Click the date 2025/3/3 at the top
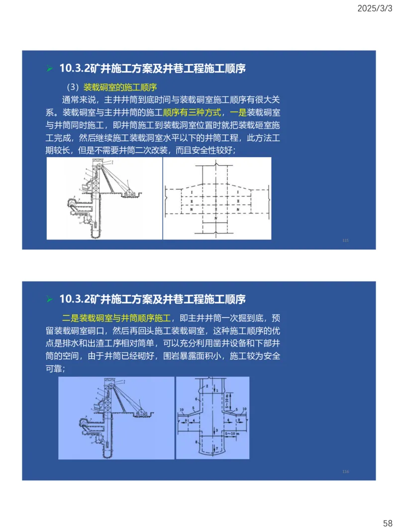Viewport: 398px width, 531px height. point(375,8)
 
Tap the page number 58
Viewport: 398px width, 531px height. point(388,523)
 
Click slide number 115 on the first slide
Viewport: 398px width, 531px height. point(346,240)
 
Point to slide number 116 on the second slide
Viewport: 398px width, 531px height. point(346,471)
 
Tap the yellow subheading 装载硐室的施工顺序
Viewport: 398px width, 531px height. point(120,87)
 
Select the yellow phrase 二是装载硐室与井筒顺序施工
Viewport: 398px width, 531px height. point(116,318)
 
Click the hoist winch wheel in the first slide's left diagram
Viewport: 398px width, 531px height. point(130,192)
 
